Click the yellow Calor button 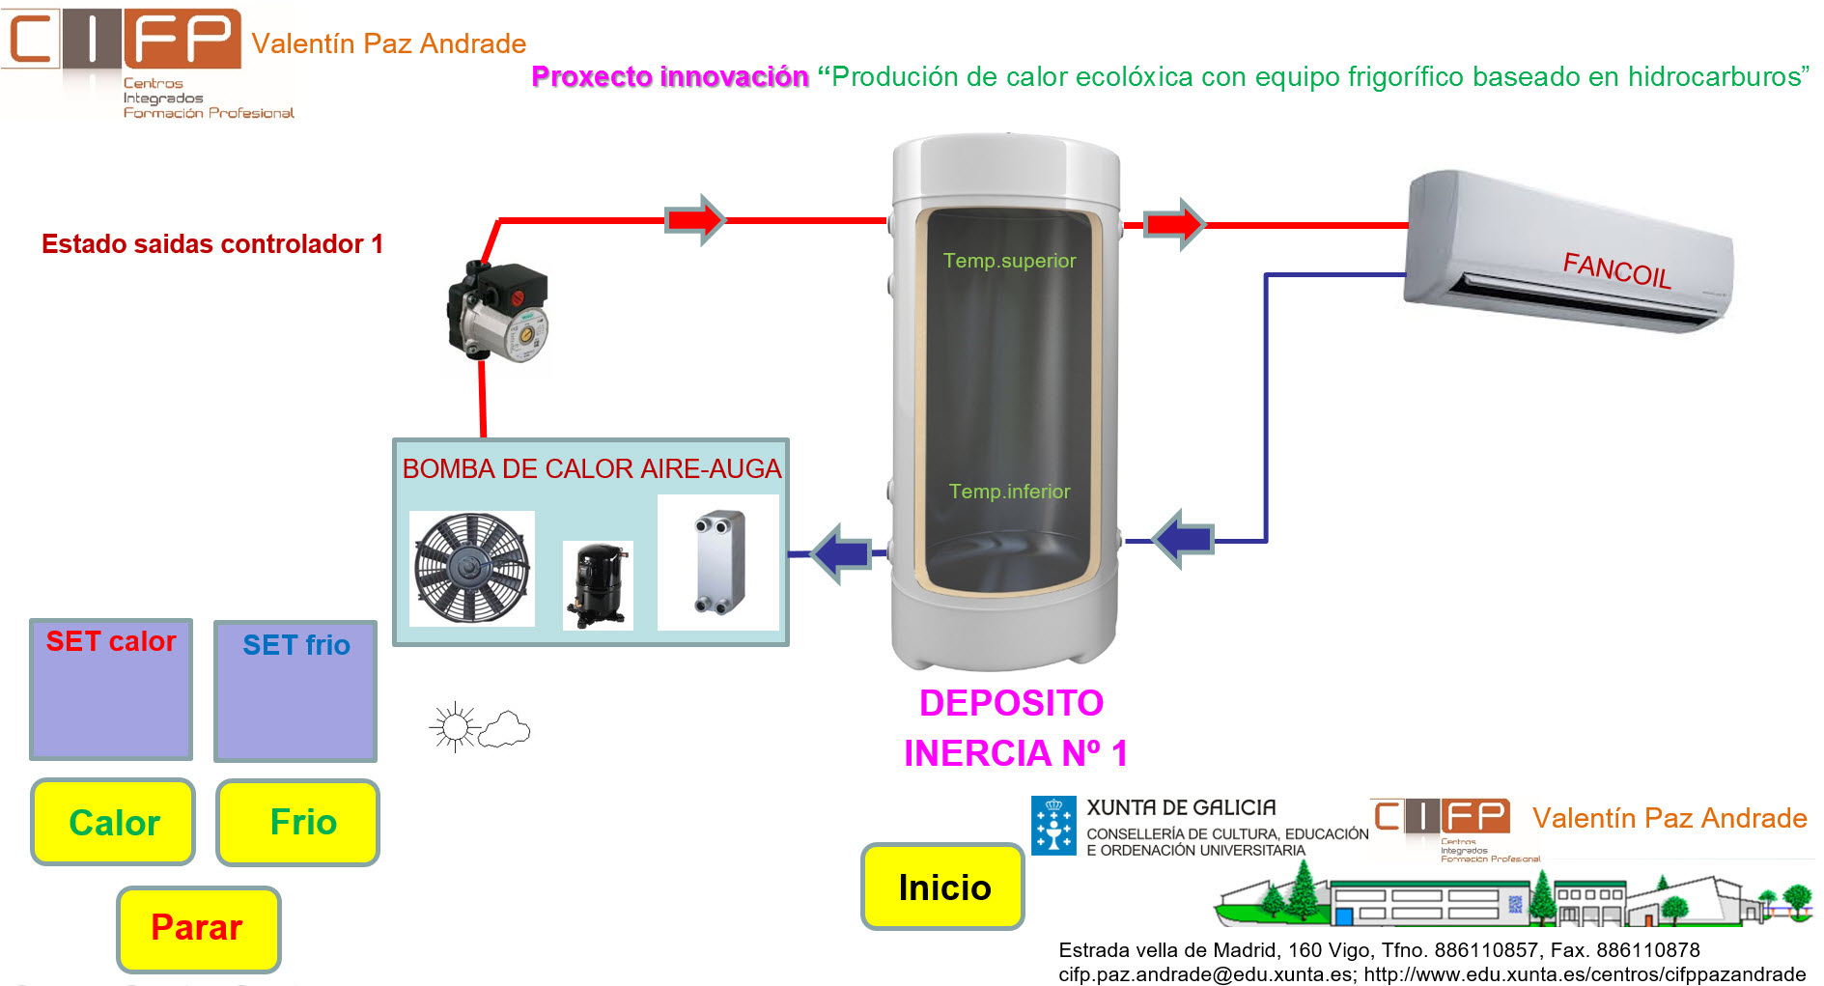[113, 822]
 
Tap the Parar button [198, 928]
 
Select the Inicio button [942, 887]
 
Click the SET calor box [111, 690]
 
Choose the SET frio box [295, 691]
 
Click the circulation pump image [498, 311]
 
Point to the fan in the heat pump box [472, 568]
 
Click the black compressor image [598, 584]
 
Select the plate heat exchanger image [718, 562]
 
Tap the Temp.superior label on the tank [1009, 261]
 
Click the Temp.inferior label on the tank [1009, 492]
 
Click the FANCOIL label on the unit [1616, 269]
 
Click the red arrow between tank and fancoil [1175, 225]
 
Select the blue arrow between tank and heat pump [841, 553]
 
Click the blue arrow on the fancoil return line [1184, 539]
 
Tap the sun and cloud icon [480, 727]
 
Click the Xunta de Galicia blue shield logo [1053, 826]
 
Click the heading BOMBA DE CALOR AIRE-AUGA [591, 469]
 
